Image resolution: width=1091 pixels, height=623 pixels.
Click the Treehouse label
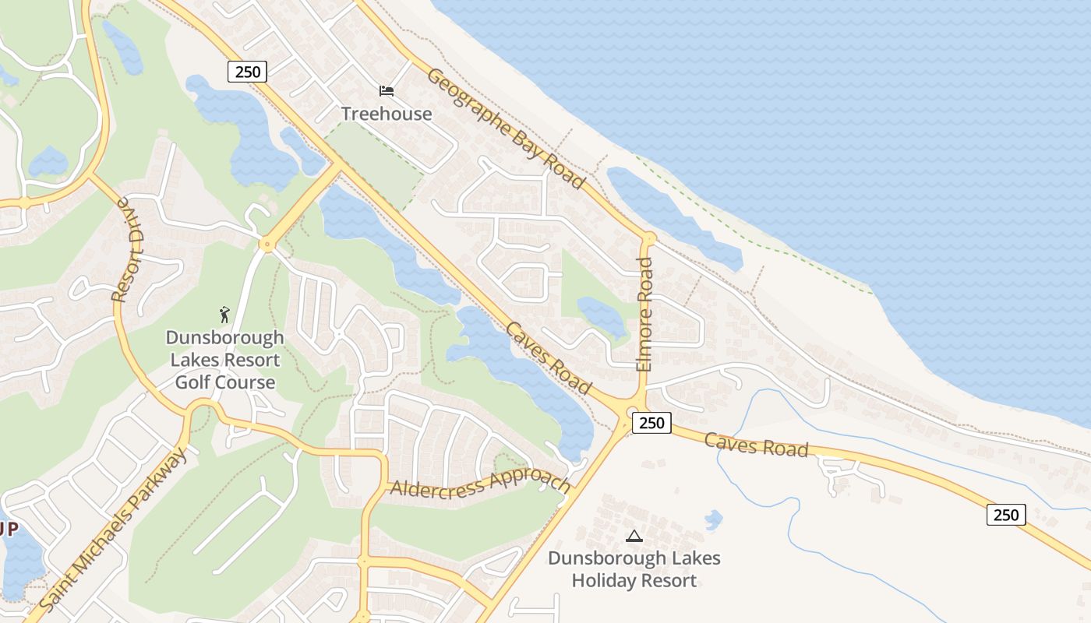tap(387, 114)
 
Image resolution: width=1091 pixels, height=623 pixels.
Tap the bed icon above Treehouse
tap(387, 91)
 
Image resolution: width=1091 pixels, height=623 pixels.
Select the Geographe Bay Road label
tap(506, 129)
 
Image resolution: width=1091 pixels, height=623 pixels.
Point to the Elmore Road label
tap(644, 314)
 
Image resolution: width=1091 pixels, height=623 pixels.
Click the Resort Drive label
tap(130, 250)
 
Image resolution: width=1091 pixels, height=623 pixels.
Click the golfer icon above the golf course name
tap(224, 315)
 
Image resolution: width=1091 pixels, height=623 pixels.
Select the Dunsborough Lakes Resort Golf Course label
tap(224, 361)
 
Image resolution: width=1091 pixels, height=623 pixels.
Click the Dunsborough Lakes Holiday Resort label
tap(634, 569)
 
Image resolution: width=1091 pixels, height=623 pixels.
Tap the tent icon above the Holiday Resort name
tap(634, 536)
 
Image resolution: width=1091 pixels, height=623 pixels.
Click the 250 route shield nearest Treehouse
tap(248, 72)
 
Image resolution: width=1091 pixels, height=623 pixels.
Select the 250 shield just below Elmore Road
tap(651, 423)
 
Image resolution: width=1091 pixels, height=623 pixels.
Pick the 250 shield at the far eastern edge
tap(1006, 515)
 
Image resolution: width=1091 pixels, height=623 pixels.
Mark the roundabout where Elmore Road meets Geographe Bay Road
tap(648, 238)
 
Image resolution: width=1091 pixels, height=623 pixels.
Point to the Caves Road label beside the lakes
tap(548, 357)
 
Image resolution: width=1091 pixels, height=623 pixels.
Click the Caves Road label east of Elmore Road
tap(756, 445)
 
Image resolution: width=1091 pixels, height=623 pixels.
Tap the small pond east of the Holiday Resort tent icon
tap(713, 519)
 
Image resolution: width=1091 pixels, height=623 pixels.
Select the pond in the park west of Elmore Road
tap(602, 315)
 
